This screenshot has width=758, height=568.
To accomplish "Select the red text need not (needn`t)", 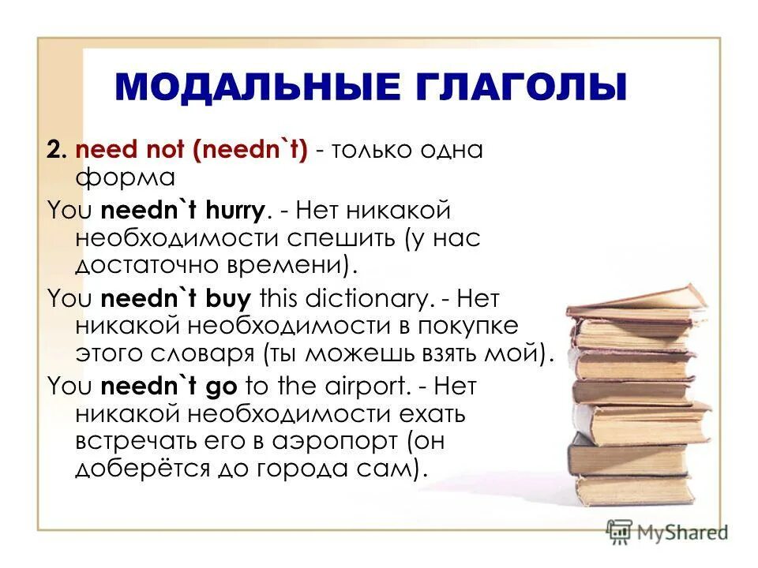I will (190, 149).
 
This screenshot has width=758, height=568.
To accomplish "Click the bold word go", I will (227, 387).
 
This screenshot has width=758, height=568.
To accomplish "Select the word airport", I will (362, 387).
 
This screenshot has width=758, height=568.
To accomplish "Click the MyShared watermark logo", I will (667, 531).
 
